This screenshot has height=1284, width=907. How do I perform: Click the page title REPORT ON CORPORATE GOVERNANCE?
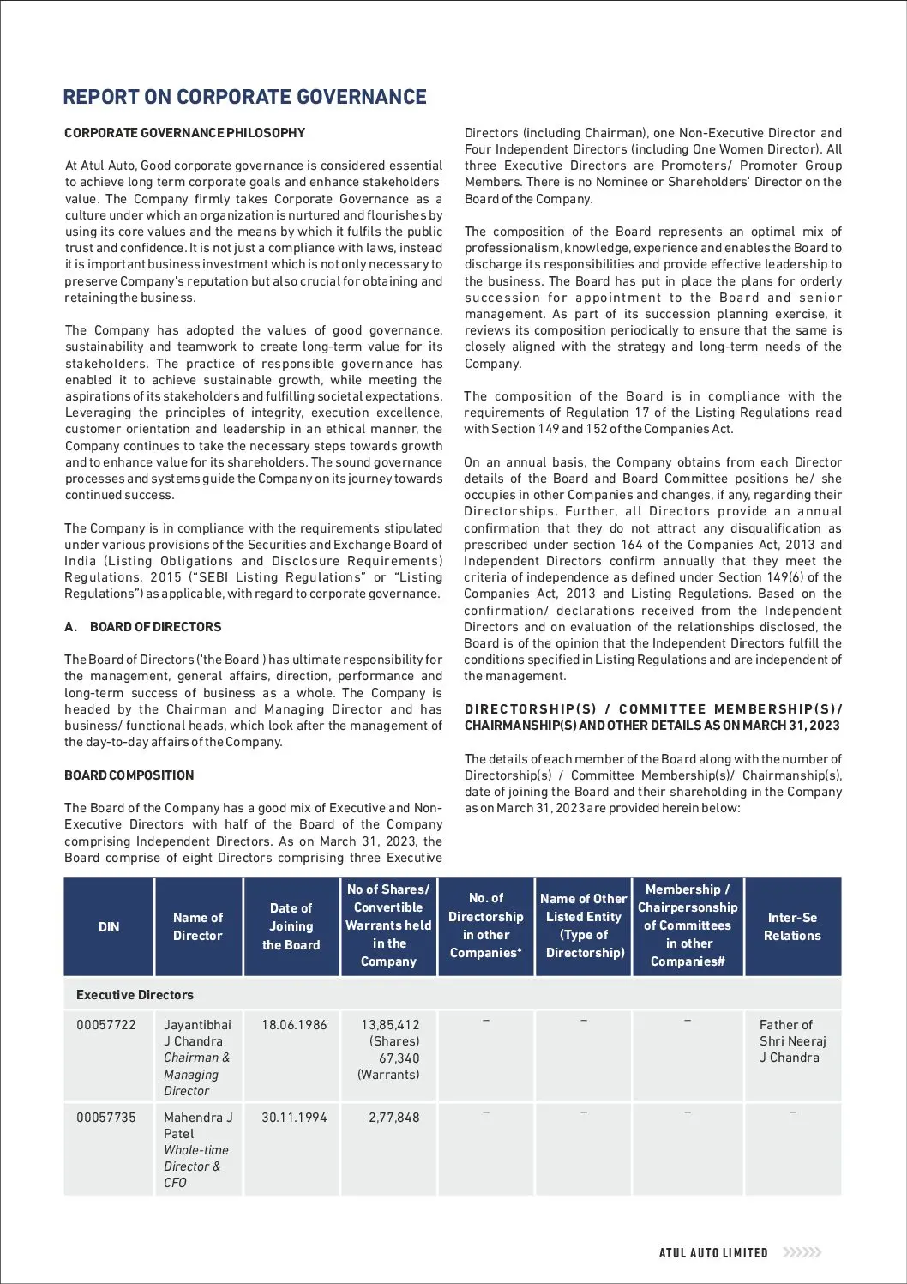(244, 97)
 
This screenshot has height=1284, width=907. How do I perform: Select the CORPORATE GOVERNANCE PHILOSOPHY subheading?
(184, 133)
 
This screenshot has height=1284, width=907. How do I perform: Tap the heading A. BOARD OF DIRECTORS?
(142, 627)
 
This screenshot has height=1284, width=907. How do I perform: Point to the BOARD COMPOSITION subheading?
(129, 775)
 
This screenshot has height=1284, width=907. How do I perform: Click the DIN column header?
(109, 926)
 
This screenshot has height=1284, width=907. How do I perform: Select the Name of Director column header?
(198, 926)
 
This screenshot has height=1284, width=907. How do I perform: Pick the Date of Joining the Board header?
(291, 926)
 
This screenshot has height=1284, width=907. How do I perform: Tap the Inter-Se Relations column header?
(792, 926)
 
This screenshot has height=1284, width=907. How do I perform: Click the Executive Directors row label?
(135, 995)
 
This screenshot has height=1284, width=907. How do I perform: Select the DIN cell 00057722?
(106, 1024)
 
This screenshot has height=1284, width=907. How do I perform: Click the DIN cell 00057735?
(106, 1118)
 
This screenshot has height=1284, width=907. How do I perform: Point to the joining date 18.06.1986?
(294, 1024)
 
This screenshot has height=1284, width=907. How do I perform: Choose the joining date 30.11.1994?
(294, 1118)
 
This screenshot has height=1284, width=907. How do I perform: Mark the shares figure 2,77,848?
(394, 1118)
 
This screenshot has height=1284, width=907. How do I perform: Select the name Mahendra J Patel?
(198, 1125)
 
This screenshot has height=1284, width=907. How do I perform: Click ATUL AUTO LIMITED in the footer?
(713, 1252)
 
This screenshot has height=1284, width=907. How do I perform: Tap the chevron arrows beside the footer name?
(803, 1252)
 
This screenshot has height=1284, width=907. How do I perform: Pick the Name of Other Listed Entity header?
(583, 925)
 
